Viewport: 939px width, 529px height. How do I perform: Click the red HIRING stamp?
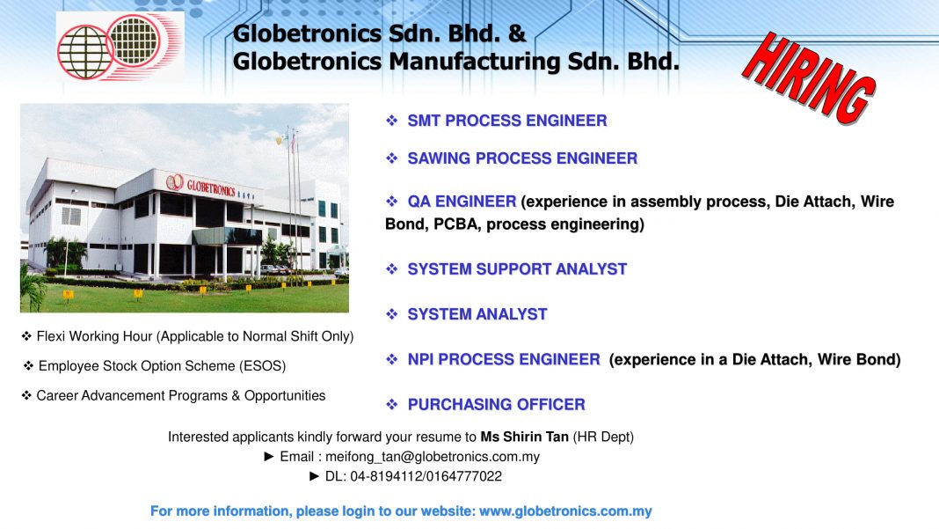pos(809,78)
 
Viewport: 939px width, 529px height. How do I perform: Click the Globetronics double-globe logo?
pos(120,47)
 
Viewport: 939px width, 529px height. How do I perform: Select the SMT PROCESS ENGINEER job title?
pos(507,121)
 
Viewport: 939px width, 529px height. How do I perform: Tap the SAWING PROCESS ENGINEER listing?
pos(522,158)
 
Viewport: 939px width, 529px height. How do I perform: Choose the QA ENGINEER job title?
pos(462,202)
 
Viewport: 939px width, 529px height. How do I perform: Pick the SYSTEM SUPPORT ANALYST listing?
pos(517,269)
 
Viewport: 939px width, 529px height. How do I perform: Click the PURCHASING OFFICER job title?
pos(497,405)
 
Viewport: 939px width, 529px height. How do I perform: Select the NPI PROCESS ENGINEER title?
pos(504,359)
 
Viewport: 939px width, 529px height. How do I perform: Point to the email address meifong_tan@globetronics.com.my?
pos(433,457)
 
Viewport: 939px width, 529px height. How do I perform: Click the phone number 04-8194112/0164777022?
pos(426,477)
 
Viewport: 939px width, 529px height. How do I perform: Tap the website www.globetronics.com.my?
pos(565,511)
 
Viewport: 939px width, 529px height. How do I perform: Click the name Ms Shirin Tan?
pos(525,437)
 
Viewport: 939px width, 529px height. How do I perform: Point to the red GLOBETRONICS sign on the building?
pos(211,187)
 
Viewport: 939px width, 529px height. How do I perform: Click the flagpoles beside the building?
pos(293,198)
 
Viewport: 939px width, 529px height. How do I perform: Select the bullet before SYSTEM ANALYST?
pos(391,314)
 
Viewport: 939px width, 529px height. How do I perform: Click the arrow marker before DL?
pos(315,477)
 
